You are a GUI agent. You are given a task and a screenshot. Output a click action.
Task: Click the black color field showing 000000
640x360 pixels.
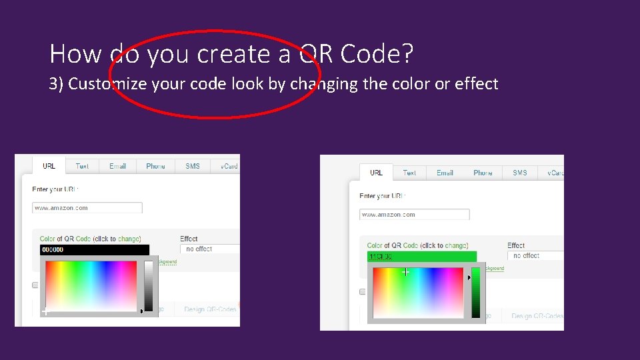click(x=94, y=250)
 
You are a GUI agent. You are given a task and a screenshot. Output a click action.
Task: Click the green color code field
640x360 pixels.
click(x=421, y=257)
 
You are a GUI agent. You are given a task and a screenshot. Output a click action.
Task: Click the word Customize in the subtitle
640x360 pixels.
click(x=108, y=84)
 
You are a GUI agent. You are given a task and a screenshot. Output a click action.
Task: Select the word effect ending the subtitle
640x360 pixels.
click(x=476, y=84)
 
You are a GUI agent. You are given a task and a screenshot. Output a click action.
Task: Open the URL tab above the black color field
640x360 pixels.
click(x=49, y=166)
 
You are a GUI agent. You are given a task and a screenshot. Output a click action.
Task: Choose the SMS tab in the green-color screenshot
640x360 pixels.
click(x=520, y=173)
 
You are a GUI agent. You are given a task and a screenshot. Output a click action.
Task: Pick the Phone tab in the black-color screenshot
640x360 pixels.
click(x=155, y=166)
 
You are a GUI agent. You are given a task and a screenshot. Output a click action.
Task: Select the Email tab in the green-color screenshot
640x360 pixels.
click(x=445, y=173)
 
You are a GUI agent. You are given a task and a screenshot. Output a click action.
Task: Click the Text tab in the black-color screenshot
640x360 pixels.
click(x=82, y=166)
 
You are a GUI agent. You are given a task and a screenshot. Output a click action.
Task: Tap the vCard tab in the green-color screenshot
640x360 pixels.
click(x=555, y=173)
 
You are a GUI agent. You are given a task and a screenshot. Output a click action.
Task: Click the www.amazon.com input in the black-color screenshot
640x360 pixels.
click(x=87, y=208)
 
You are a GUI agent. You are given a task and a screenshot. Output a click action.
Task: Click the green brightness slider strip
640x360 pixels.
click(x=476, y=293)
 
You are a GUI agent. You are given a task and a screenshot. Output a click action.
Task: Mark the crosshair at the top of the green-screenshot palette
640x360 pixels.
click(x=405, y=272)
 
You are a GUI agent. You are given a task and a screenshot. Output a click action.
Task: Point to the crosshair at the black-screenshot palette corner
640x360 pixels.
click(x=45, y=311)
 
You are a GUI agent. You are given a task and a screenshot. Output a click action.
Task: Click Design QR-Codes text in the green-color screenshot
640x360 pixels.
click(x=537, y=316)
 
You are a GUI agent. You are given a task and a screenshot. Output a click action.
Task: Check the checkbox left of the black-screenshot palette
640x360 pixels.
click(x=35, y=285)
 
